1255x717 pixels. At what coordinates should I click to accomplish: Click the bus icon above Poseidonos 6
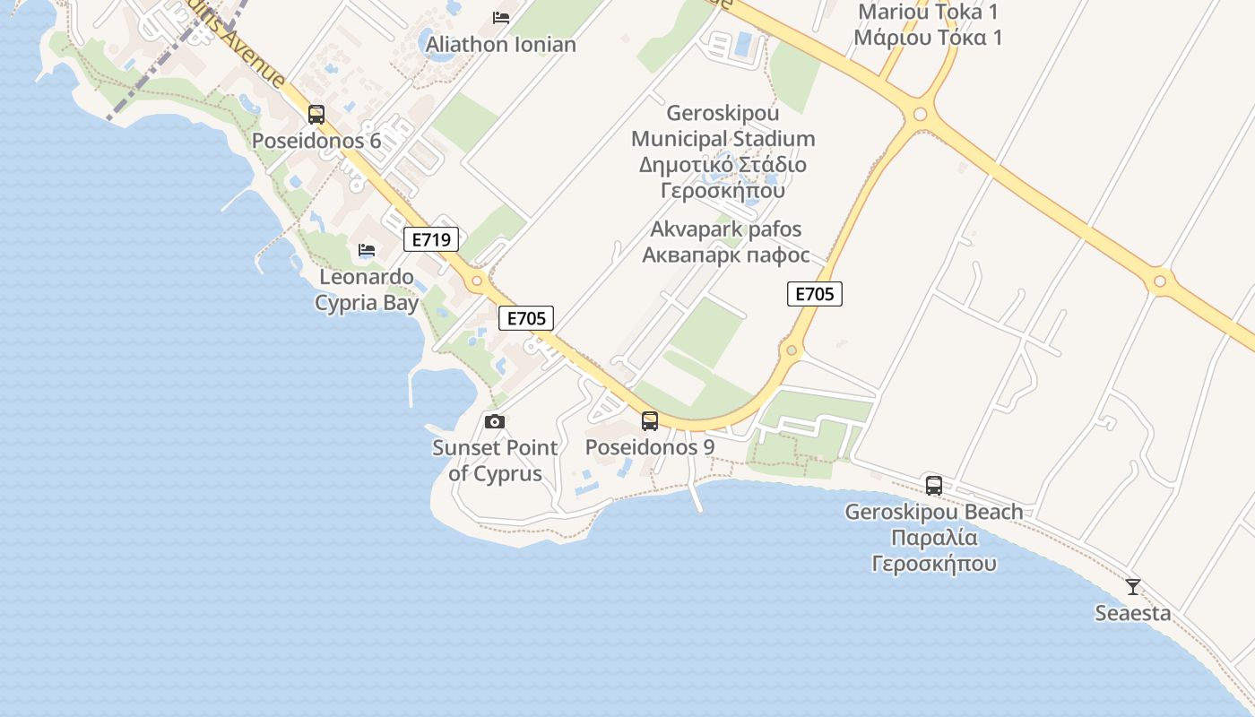tap(316, 115)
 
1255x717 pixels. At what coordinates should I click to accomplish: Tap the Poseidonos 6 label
tap(316, 141)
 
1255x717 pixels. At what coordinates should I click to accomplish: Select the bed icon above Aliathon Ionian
tap(501, 18)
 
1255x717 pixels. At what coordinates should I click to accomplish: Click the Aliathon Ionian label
tap(501, 44)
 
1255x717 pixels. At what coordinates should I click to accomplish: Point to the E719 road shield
tap(431, 239)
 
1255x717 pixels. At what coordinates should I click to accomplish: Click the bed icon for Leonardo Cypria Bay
tap(367, 250)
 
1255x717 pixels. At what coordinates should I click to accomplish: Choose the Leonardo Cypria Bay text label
tap(367, 289)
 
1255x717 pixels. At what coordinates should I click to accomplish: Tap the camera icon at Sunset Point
tap(494, 421)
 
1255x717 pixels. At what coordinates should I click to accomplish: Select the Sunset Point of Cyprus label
tap(495, 461)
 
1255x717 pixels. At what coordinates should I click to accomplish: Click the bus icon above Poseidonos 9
tap(650, 420)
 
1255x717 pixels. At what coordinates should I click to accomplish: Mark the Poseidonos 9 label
tap(650, 446)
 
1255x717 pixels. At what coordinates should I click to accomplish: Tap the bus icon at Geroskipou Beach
tap(934, 486)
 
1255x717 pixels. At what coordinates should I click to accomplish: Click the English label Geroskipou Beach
tap(934, 512)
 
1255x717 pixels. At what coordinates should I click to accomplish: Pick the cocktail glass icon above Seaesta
tap(1133, 587)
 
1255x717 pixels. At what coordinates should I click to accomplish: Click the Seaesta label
tap(1133, 613)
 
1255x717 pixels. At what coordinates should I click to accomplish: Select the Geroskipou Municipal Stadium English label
tap(723, 126)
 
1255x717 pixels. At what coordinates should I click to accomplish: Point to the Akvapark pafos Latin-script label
tap(726, 229)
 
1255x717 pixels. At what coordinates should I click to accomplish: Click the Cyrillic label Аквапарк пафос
tap(726, 255)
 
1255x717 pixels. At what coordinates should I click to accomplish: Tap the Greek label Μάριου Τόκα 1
tap(928, 38)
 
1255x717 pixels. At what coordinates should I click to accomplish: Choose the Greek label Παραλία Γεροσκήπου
tap(934, 550)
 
